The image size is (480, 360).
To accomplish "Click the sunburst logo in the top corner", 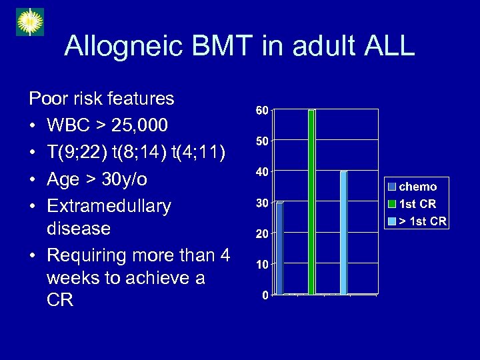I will (29, 22).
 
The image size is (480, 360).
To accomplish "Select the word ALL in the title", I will (387, 47).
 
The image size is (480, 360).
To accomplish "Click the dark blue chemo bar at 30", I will (279, 247).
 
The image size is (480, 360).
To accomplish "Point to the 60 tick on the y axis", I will (262, 110).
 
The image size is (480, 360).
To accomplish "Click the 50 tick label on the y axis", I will (262, 141).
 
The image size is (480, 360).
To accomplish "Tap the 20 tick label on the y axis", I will (262, 234).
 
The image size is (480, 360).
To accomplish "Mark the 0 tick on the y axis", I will (265, 295).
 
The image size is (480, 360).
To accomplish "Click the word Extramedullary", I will (109, 206).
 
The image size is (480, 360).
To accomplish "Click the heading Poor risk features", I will (101, 99).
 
